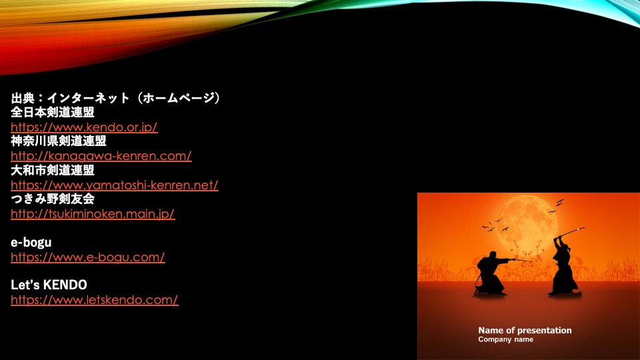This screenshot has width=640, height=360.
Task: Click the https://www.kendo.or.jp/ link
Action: click(x=84, y=127)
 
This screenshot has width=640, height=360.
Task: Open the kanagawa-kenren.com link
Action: click(x=101, y=156)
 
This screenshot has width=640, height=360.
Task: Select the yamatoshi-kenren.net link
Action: click(x=115, y=185)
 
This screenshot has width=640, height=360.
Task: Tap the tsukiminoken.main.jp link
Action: click(x=93, y=214)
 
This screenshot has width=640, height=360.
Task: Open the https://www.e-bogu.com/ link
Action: click(x=88, y=257)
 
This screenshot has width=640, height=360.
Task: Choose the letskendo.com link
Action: click(x=94, y=300)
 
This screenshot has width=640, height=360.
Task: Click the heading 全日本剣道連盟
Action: click(x=53, y=112)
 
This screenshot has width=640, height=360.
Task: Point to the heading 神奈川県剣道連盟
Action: click(x=59, y=141)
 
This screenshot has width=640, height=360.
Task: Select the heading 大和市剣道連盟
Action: click(x=53, y=170)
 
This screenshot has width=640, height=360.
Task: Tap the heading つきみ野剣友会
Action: click(x=53, y=199)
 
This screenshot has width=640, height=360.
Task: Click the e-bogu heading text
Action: click(x=31, y=243)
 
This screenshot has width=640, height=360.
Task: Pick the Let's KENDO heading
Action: click(x=49, y=285)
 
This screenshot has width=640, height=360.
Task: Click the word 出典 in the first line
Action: click(x=23, y=98)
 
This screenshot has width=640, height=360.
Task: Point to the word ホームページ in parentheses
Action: click(x=178, y=98)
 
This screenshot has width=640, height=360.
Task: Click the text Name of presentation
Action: click(x=525, y=330)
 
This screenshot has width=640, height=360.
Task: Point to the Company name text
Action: click(x=506, y=339)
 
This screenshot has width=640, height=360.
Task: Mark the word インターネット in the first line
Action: click(x=88, y=98)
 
